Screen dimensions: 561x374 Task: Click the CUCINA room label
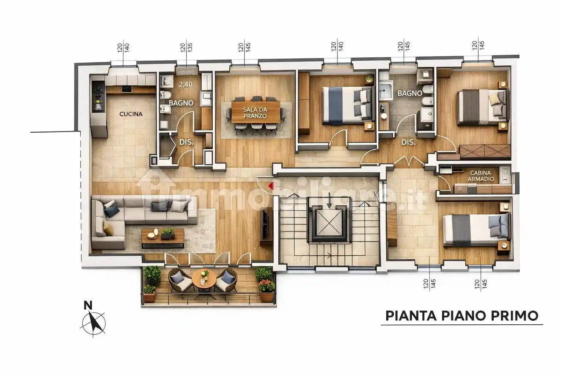click(131, 114)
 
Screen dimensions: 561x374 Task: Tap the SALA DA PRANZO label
click(255, 113)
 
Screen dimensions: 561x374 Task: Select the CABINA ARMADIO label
click(481, 176)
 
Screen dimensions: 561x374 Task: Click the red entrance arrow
click(271, 186)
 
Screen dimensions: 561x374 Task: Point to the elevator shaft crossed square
click(329, 223)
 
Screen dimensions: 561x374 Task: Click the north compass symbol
click(93, 324)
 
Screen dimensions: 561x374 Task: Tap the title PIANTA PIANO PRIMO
click(462, 316)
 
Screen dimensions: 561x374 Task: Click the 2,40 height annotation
click(185, 84)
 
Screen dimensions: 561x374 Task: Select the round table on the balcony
click(204, 280)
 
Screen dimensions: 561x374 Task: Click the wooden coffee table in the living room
click(163, 238)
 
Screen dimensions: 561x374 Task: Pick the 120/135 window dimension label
click(186, 47)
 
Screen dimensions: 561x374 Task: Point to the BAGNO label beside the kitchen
click(181, 103)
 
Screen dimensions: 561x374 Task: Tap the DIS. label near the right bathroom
click(408, 142)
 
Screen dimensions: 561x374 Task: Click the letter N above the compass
click(88, 305)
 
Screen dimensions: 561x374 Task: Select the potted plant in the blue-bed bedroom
click(369, 79)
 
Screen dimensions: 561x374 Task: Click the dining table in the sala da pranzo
click(256, 112)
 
